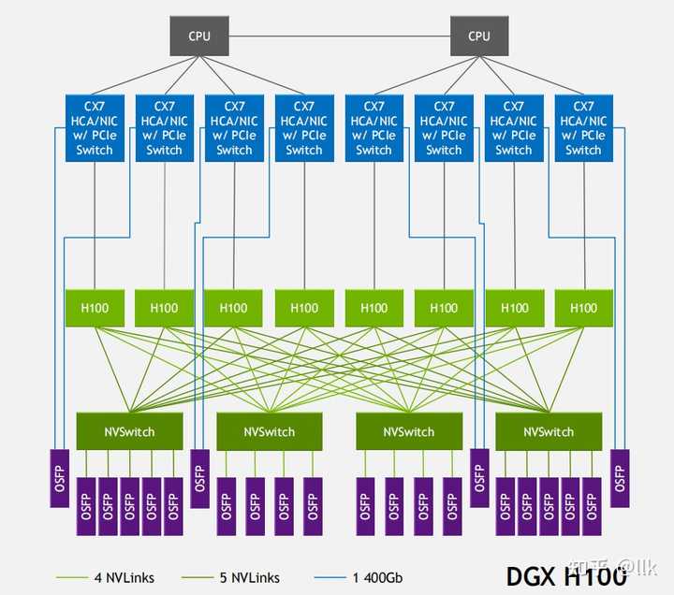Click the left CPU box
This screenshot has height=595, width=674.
pos(199,36)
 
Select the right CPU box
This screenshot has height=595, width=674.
pos(478,36)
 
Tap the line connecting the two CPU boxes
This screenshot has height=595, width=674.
pos(339,36)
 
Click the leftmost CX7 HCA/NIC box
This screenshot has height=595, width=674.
pos(95,128)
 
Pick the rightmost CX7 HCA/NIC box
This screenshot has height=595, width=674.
pos(583,128)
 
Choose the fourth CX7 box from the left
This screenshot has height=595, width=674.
pos(304,128)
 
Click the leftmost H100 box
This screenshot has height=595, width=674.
pos(95,308)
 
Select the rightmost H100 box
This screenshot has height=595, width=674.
pos(583,308)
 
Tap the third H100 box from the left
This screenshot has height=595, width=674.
pos(234,308)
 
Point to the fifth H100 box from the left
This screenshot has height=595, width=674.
pos(374,308)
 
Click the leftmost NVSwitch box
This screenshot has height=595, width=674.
pos(129,431)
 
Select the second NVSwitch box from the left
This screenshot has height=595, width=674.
pos(269,431)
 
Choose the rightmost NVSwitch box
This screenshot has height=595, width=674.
pos(549,431)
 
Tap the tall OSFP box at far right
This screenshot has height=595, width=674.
pos(619,477)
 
